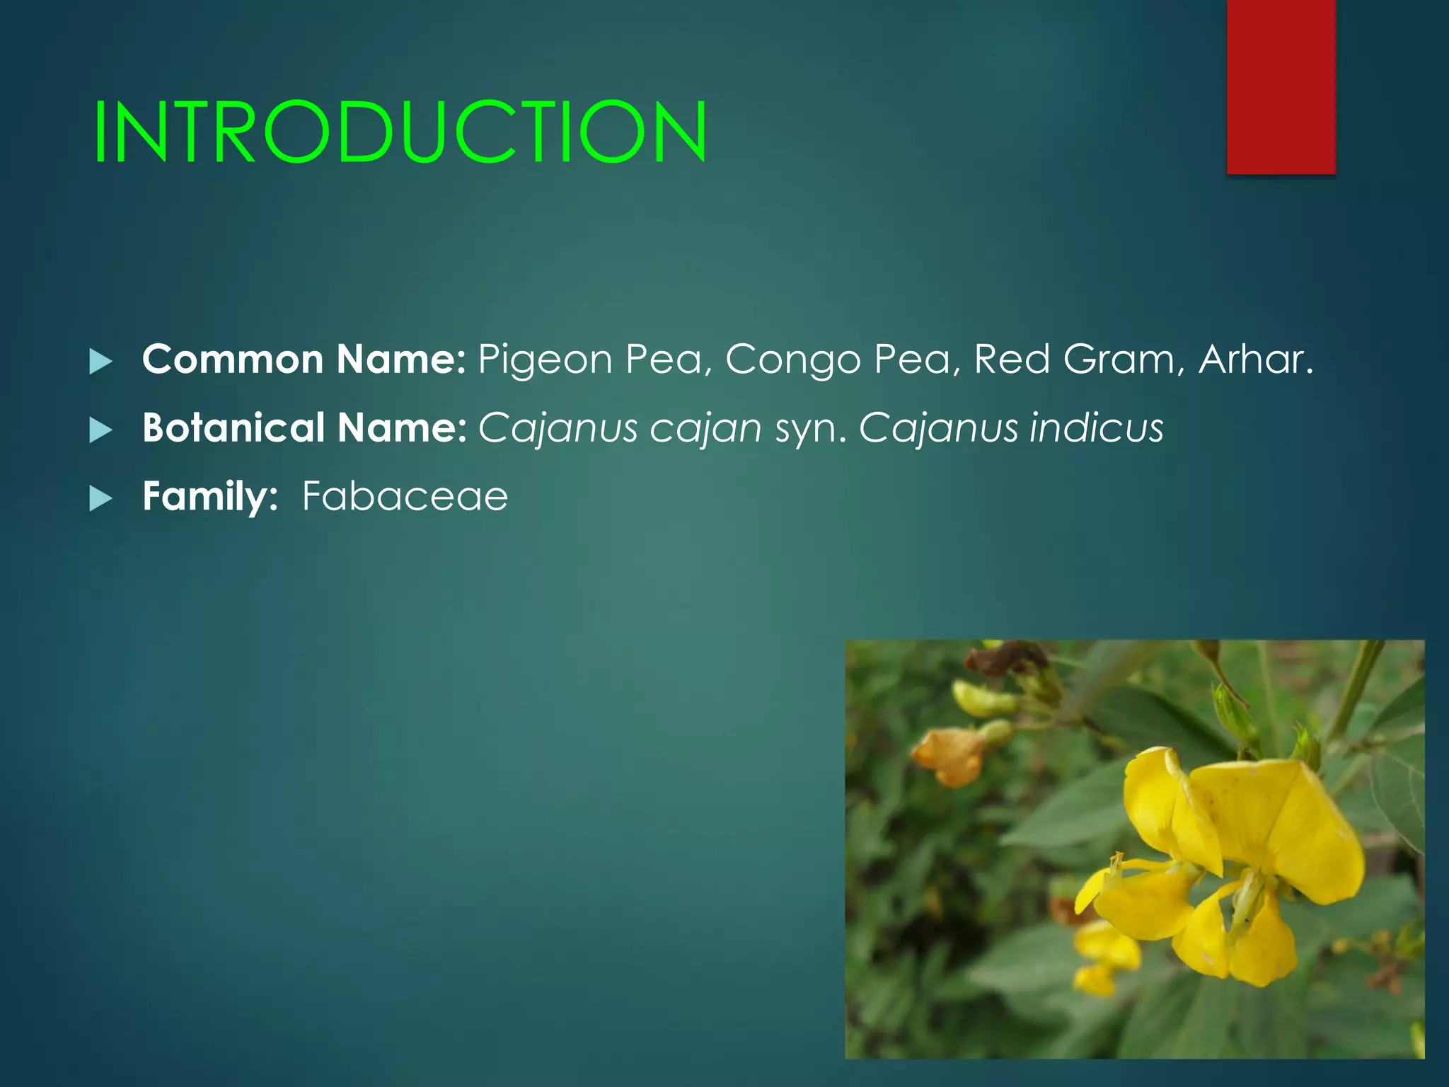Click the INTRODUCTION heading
[400, 132]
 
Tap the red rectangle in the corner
[1281, 86]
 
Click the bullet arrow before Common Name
[101, 362]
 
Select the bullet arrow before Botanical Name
[101, 430]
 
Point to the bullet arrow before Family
[101, 499]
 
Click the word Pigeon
[544, 360]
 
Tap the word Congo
[792, 360]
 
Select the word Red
[1012, 359]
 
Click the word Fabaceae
[405, 496]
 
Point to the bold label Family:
[210, 496]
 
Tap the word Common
[233, 359]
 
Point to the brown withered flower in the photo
[1005, 658]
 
